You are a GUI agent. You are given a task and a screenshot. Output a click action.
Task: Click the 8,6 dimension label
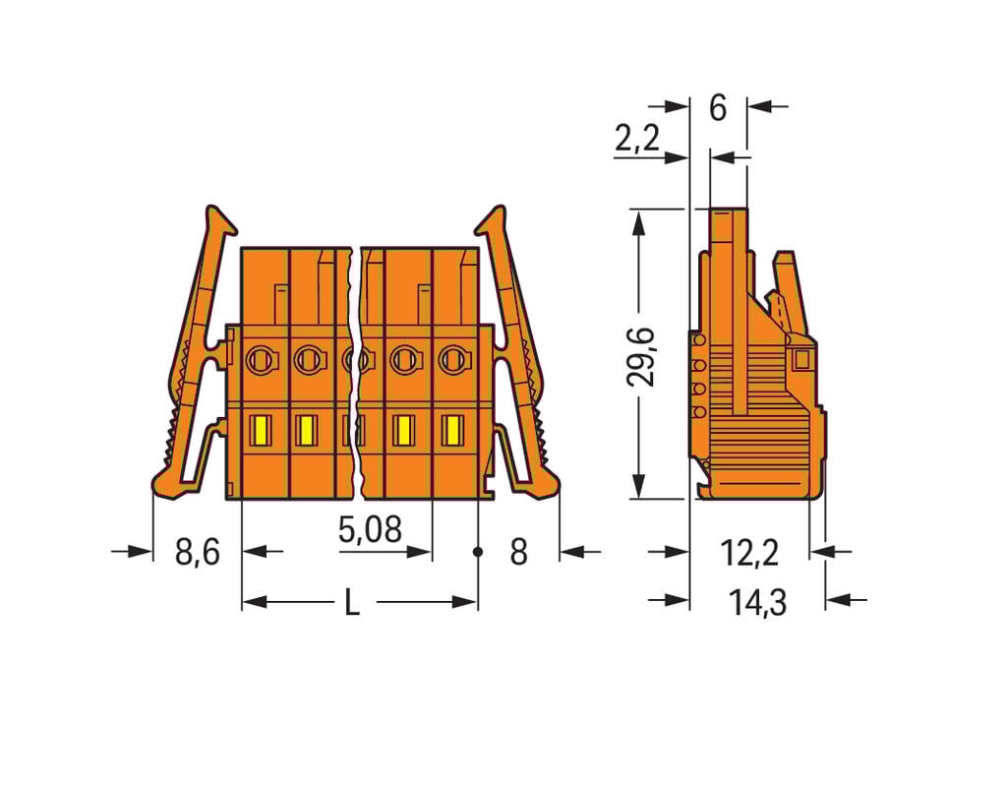click(x=197, y=552)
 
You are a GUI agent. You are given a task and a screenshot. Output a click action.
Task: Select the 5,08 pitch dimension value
click(x=370, y=531)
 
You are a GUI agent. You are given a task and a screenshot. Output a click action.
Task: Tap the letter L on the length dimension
click(x=351, y=602)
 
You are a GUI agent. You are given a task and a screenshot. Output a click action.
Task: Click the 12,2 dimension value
click(x=749, y=553)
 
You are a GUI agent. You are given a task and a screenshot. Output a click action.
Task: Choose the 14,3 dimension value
click(x=757, y=601)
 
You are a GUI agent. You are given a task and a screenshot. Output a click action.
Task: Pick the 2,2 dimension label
click(x=637, y=140)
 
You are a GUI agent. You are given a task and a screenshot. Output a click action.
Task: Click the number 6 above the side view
click(x=718, y=108)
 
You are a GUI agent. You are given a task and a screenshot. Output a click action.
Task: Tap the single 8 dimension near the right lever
click(x=518, y=552)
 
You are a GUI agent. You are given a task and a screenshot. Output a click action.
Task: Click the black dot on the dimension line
click(x=478, y=552)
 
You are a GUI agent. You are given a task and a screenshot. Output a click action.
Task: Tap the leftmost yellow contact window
click(x=262, y=430)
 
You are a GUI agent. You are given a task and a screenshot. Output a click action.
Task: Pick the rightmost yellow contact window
click(x=452, y=430)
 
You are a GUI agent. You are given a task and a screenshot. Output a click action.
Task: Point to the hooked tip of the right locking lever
click(x=493, y=218)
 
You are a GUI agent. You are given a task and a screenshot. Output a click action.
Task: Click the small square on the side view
click(x=801, y=359)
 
